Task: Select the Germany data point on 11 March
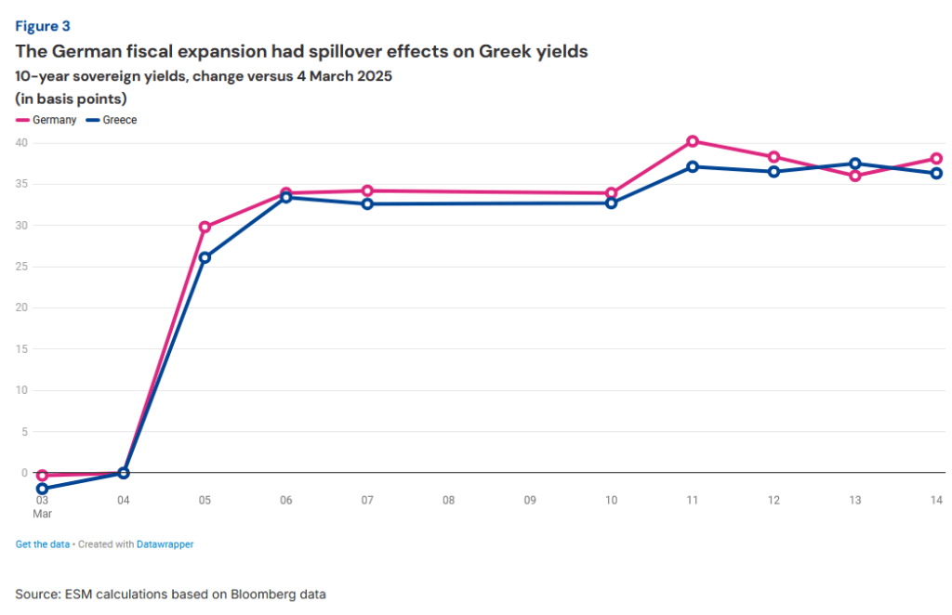click(x=693, y=141)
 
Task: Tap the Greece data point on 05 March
click(x=205, y=257)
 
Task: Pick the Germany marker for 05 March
click(x=205, y=227)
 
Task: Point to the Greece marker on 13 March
click(x=855, y=164)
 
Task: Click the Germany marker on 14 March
click(x=936, y=159)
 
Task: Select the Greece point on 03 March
click(x=42, y=488)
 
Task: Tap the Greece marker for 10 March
click(x=611, y=203)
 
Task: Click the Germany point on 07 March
click(x=367, y=190)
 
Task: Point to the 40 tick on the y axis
click(x=21, y=143)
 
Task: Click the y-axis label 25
click(x=21, y=267)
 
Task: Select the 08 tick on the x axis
click(x=448, y=501)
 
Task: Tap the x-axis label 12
click(x=773, y=501)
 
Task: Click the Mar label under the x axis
click(x=43, y=513)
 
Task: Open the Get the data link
click(x=43, y=544)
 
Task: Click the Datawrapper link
click(x=165, y=544)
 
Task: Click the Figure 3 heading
click(x=43, y=26)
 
